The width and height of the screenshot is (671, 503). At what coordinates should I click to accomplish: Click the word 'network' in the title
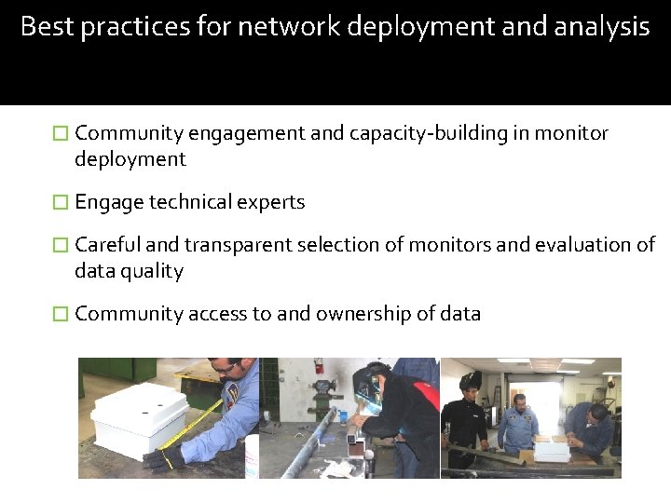pos(289,26)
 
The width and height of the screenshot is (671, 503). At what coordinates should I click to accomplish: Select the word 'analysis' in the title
pos(603,26)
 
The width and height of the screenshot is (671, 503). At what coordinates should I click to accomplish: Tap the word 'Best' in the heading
pos(46,26)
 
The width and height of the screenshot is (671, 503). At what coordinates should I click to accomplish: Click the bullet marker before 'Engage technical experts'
pos(61,202)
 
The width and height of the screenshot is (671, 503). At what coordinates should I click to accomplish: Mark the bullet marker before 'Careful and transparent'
pos(61,245)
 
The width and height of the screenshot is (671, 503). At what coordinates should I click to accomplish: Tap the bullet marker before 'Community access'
pos(61,314)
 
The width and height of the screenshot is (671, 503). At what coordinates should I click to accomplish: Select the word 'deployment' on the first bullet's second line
pos(130,159)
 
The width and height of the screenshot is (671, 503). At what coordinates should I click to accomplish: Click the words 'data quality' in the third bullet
pos(129,271)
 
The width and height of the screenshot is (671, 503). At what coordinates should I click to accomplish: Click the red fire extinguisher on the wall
pos(319,365)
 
